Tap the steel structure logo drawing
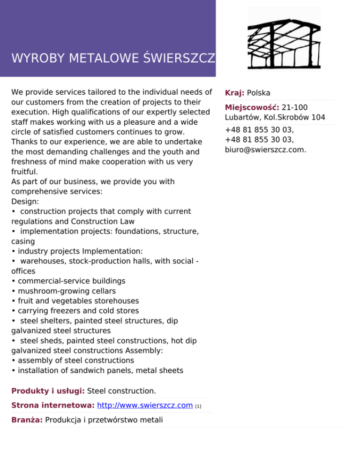pyautogui.click(x=284, y=39)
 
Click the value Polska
pyautogui.click(x=258, y=93)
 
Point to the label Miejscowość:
pyautogui.click(x=252, y=107)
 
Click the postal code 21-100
pyautogui.click(x=295, y=107)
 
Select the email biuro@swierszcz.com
pyautogui.click(x=265, y=150)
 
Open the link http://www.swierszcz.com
pyautogui.click(x=145, y=405)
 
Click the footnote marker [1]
pyautogui.click(x=198, y=406)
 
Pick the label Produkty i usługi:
pyautogui.click(x=48, y=391)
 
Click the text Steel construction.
pyautogui.click(x=121, y=391)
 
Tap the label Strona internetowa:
pyautogui.click(x=53, y=405)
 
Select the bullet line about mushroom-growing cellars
pyautogui.click(x=63, y=291)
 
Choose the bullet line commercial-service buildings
pyautogui.click(x=68, y=281)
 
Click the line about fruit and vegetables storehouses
pyautogui.click(x=75, y=301)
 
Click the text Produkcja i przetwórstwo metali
pyautogui.click(x=104, y=420)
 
